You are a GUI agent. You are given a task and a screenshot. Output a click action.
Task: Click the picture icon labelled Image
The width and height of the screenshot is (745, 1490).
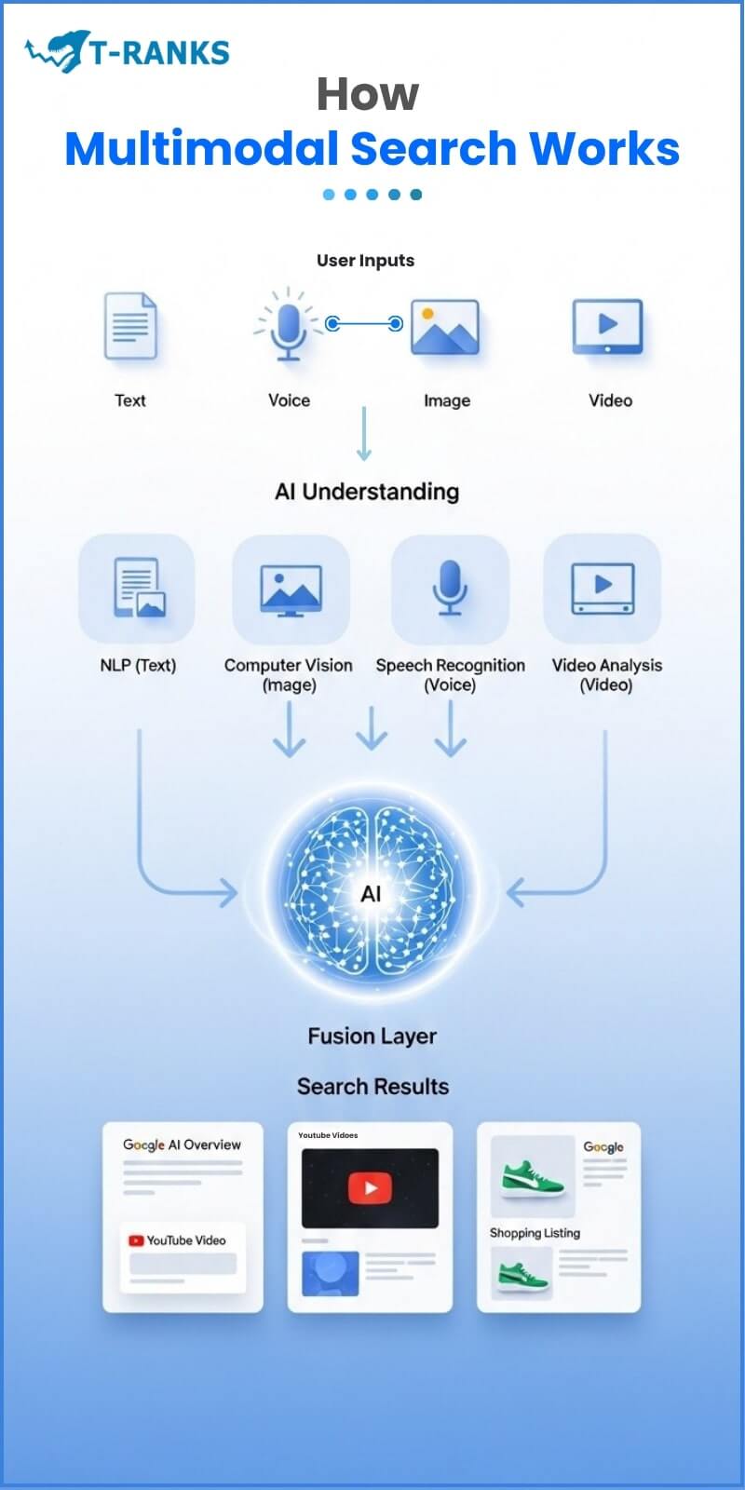445,328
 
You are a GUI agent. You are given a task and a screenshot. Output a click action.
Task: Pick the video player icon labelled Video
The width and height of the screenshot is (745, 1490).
607,326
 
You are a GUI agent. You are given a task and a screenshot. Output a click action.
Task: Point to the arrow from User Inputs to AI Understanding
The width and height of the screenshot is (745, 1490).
364,433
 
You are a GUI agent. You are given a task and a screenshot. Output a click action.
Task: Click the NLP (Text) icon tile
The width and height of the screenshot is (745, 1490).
137,589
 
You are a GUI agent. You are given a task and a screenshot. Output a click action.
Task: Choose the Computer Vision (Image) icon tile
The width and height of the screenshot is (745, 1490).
290,589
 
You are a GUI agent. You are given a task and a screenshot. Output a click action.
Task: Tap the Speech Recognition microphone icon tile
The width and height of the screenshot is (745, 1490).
450,589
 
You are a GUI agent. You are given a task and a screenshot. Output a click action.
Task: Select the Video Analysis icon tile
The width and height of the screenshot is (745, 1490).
603,589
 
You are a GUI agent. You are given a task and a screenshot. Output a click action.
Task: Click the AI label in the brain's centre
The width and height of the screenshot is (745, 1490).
371,894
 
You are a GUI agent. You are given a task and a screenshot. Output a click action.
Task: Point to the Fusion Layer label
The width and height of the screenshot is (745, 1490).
372,1036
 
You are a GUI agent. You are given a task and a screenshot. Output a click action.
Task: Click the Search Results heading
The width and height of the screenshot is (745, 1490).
372,1086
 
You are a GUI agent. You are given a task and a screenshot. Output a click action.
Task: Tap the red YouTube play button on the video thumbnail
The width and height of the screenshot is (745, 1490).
370,1187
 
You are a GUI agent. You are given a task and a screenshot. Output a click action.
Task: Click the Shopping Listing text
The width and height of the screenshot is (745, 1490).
535,1233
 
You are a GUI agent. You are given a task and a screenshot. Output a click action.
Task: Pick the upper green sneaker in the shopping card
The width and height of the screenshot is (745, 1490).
533,1177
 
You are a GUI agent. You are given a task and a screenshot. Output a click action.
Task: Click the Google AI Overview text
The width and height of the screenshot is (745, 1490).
182,1145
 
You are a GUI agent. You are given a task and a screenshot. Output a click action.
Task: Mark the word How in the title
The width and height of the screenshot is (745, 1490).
368,94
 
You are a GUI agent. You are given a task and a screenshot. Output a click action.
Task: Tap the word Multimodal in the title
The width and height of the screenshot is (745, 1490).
201,149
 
